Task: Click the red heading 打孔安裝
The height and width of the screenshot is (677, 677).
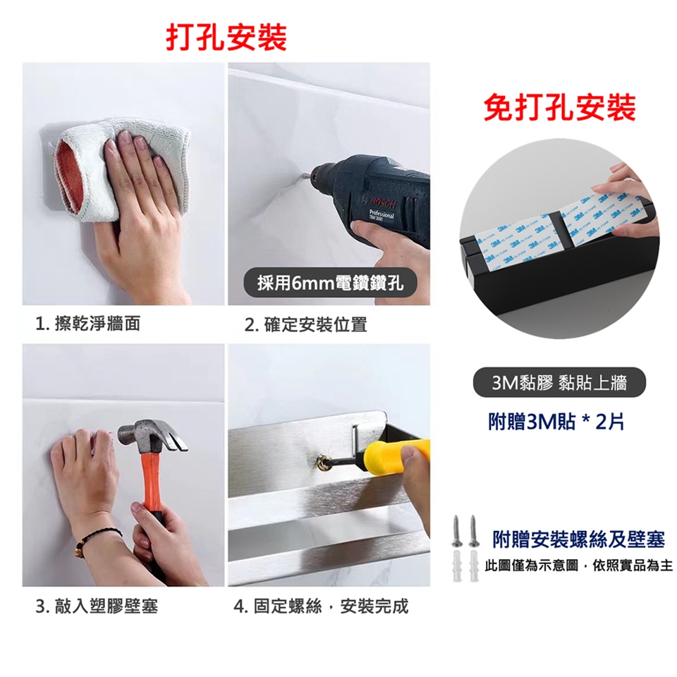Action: coord(226,37)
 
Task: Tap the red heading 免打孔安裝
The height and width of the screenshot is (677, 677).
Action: coord(559,108)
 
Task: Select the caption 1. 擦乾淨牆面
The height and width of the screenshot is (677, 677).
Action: coord(88,324)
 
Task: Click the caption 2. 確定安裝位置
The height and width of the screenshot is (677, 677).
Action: coord(305,324)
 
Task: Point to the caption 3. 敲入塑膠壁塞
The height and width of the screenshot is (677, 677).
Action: coord(97,606)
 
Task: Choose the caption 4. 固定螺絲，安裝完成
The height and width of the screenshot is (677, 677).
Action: coord(321,606)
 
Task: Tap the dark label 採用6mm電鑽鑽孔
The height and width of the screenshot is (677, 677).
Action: coord(330,283)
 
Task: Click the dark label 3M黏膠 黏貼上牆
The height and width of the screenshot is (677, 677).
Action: coord(559,382)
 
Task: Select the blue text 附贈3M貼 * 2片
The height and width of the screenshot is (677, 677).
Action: coord(556,422)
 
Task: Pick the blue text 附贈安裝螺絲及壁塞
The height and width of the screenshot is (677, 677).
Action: coord(578,539)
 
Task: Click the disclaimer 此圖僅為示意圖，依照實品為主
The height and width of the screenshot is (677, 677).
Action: coord(578,565)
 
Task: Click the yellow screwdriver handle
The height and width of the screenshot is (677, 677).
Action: coord(396,455)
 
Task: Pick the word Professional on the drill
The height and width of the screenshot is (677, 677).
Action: coord(382,214)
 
